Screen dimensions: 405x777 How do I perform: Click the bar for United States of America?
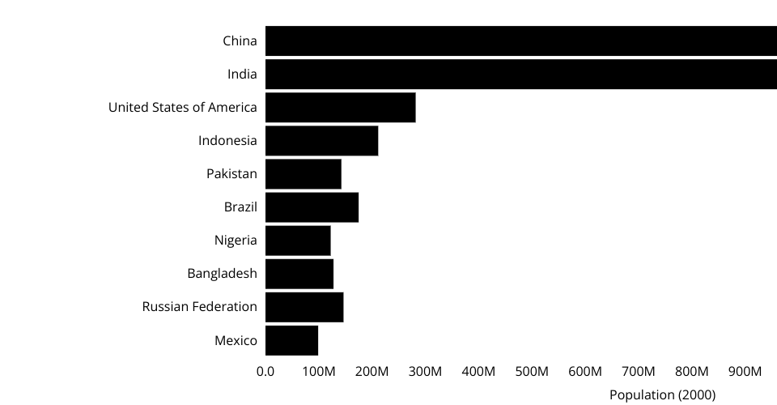pyautogui.click(x=340, y=108)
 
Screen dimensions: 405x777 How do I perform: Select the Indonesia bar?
pyautogui.click(x=321, y=141)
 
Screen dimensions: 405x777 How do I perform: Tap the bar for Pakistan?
pyautogui.click(x=303, y=174)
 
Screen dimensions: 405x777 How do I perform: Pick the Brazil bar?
pyautogui.click(x=312, y=207)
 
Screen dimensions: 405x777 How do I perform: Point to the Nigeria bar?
pyautogui.click(x=298, y=241)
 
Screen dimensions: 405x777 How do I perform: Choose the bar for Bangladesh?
pyautogui.click(x=299, y=274)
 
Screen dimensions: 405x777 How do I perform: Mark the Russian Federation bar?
pyautogui.click(x=304, y=307)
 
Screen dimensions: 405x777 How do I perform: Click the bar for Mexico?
pyautogui.click(x=291, y=340)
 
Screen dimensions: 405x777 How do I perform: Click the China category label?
pyautogui.click(x=240, y=41)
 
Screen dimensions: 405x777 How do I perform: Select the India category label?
pyautogui.click(x=242, y=75)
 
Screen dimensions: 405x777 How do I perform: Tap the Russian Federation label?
pyautogui.click(x=199, y=307)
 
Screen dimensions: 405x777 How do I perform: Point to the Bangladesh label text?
pyautogui.click(x=222, y=274)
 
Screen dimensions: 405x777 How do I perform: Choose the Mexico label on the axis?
pyautogui.click(x=236, y=340)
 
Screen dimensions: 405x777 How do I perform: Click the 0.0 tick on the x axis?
pyautogui.click(x=265, y=372)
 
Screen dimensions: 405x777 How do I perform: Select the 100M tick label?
pyautogui.click(x=319, y=372)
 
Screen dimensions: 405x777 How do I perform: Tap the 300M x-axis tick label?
pyautogui.click(x=425, y=372)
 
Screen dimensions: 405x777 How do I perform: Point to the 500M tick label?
pyautogui.click(x=532, y=372)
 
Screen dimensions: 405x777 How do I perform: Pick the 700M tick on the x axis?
pyautogui.click(x=639, y=372)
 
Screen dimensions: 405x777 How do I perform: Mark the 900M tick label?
pyautogui.click(x=745, y=372)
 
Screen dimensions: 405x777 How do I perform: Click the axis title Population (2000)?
pyautogui.click(x=662, y=395)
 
